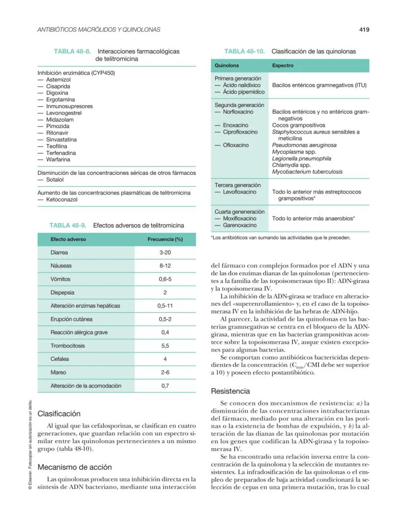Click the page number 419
coord(364,30)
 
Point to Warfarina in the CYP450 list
coord(58,160)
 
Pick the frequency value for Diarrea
coord(165,253)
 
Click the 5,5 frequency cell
coord(165,346)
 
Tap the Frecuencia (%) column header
coord(165,239)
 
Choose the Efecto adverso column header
coord(68,239)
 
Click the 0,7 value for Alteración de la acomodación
coord(165,386)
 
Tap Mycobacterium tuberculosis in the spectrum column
coord(307,172)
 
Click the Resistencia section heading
coord(231,391)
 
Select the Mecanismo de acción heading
coord(75,467)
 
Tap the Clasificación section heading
coord(59,414)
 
